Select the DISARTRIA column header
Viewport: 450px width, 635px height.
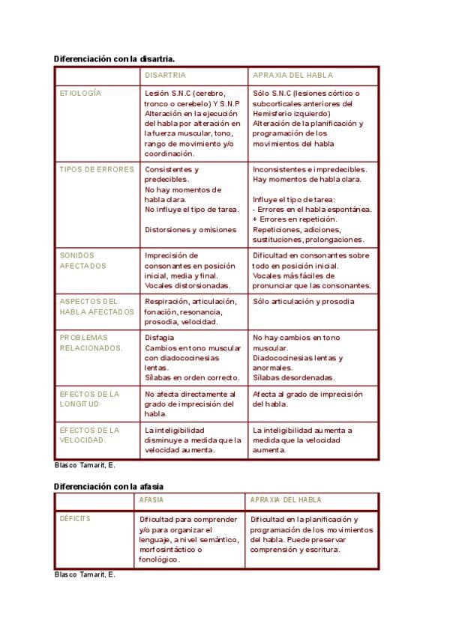(x=165, y=76)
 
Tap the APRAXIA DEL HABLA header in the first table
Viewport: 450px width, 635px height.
(x=292, y=76)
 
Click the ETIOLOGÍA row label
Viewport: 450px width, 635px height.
(x=80, y=94)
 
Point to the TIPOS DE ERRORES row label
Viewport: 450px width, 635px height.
(x=97, y=169)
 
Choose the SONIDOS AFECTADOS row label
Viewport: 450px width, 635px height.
(x=82, y=261)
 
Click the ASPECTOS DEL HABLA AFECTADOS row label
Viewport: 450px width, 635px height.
(x=96, y=306)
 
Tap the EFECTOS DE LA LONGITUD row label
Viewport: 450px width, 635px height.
(x=89, y=399)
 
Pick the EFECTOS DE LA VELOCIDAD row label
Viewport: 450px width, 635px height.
(x=89, y=435)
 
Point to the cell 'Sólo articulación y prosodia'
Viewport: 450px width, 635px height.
(x=304, y=302)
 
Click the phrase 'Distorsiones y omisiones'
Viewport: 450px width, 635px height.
(x=190, y=230)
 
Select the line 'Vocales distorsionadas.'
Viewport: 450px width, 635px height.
(x=187, y=286)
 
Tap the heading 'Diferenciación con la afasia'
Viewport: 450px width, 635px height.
(x=108, y=486)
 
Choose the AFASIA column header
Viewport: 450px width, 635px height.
(x=151, y=499)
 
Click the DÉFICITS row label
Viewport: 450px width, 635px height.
(x=75, y=518)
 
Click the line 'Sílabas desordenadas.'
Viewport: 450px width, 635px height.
(x=294, y=378)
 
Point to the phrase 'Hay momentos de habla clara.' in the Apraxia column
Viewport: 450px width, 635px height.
(x=307, y=180)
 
